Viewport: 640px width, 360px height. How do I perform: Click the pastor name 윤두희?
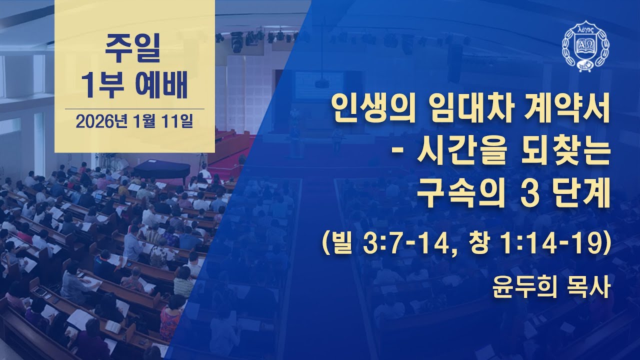pos(522,288)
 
